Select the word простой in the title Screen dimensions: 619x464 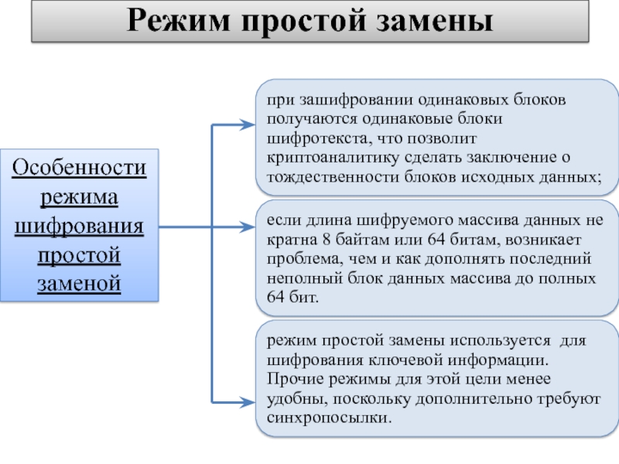[304, 22]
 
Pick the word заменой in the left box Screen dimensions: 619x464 [80, 284]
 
